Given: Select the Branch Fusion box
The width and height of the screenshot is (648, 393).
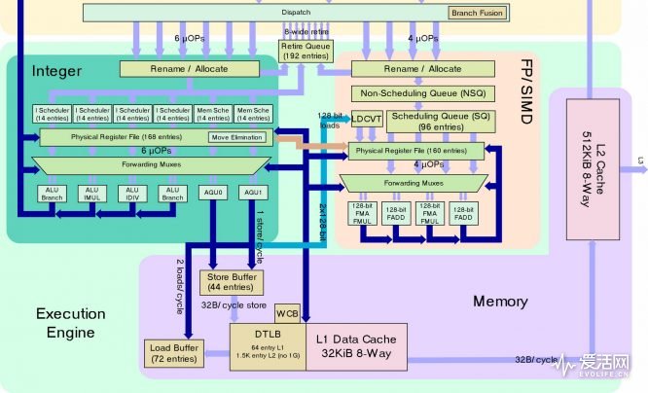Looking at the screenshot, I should pos(478,13).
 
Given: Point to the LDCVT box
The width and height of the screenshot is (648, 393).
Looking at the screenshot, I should pos(368,119).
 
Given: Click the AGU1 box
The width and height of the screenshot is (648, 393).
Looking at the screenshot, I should pos(255,193).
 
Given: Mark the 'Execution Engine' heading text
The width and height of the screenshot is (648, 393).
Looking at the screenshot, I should pos(71,324).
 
